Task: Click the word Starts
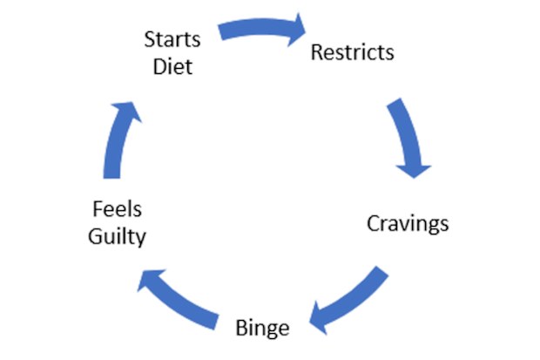pos(172,39)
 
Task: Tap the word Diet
pos(172,66)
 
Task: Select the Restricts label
pos(353,52)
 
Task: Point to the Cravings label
pos(408,224)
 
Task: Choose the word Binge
pos(262,329)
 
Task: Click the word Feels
pos(117,209)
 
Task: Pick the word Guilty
pos(117,237)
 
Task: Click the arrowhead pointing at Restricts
pos(296,30)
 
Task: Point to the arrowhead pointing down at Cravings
pos(414,171)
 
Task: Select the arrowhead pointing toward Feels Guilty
pos(148,279)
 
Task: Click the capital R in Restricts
pos(317,52)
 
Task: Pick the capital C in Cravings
pos(374,223)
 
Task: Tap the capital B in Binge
pos(241,328)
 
